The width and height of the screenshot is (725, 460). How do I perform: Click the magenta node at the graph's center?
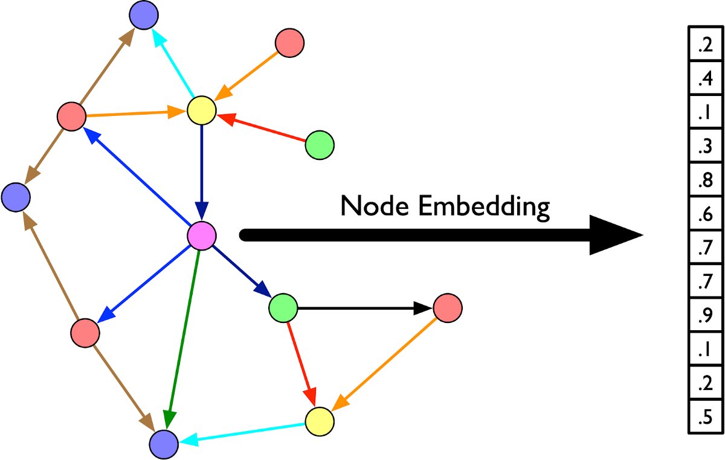201,235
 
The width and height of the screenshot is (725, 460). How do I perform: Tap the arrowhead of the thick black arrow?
616,235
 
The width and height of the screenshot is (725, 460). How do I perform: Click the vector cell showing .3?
705,147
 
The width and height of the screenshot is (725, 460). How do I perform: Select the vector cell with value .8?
705,180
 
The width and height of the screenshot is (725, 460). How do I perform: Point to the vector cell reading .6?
705,214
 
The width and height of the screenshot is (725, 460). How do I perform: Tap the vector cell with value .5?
705,418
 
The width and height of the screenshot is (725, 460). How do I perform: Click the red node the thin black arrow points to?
448,308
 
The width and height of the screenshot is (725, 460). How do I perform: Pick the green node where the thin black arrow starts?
283,308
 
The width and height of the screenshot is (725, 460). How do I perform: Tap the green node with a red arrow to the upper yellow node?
320,145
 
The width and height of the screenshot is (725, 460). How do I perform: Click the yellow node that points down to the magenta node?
202,110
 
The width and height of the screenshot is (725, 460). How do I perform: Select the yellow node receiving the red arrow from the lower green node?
320,421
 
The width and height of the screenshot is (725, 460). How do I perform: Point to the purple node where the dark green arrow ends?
164,444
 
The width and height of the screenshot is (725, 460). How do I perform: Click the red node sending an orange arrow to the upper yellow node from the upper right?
289,43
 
